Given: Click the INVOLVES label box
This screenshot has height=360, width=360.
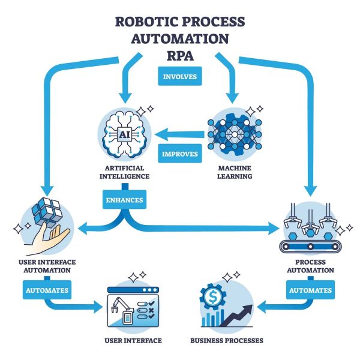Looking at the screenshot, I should coord(180,77).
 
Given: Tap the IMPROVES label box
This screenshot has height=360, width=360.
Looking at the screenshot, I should coord(180,154).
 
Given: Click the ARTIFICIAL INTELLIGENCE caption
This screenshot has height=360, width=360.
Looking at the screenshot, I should coord(123,172).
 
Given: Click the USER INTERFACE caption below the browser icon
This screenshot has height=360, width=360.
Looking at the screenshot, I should coord(133,341).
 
